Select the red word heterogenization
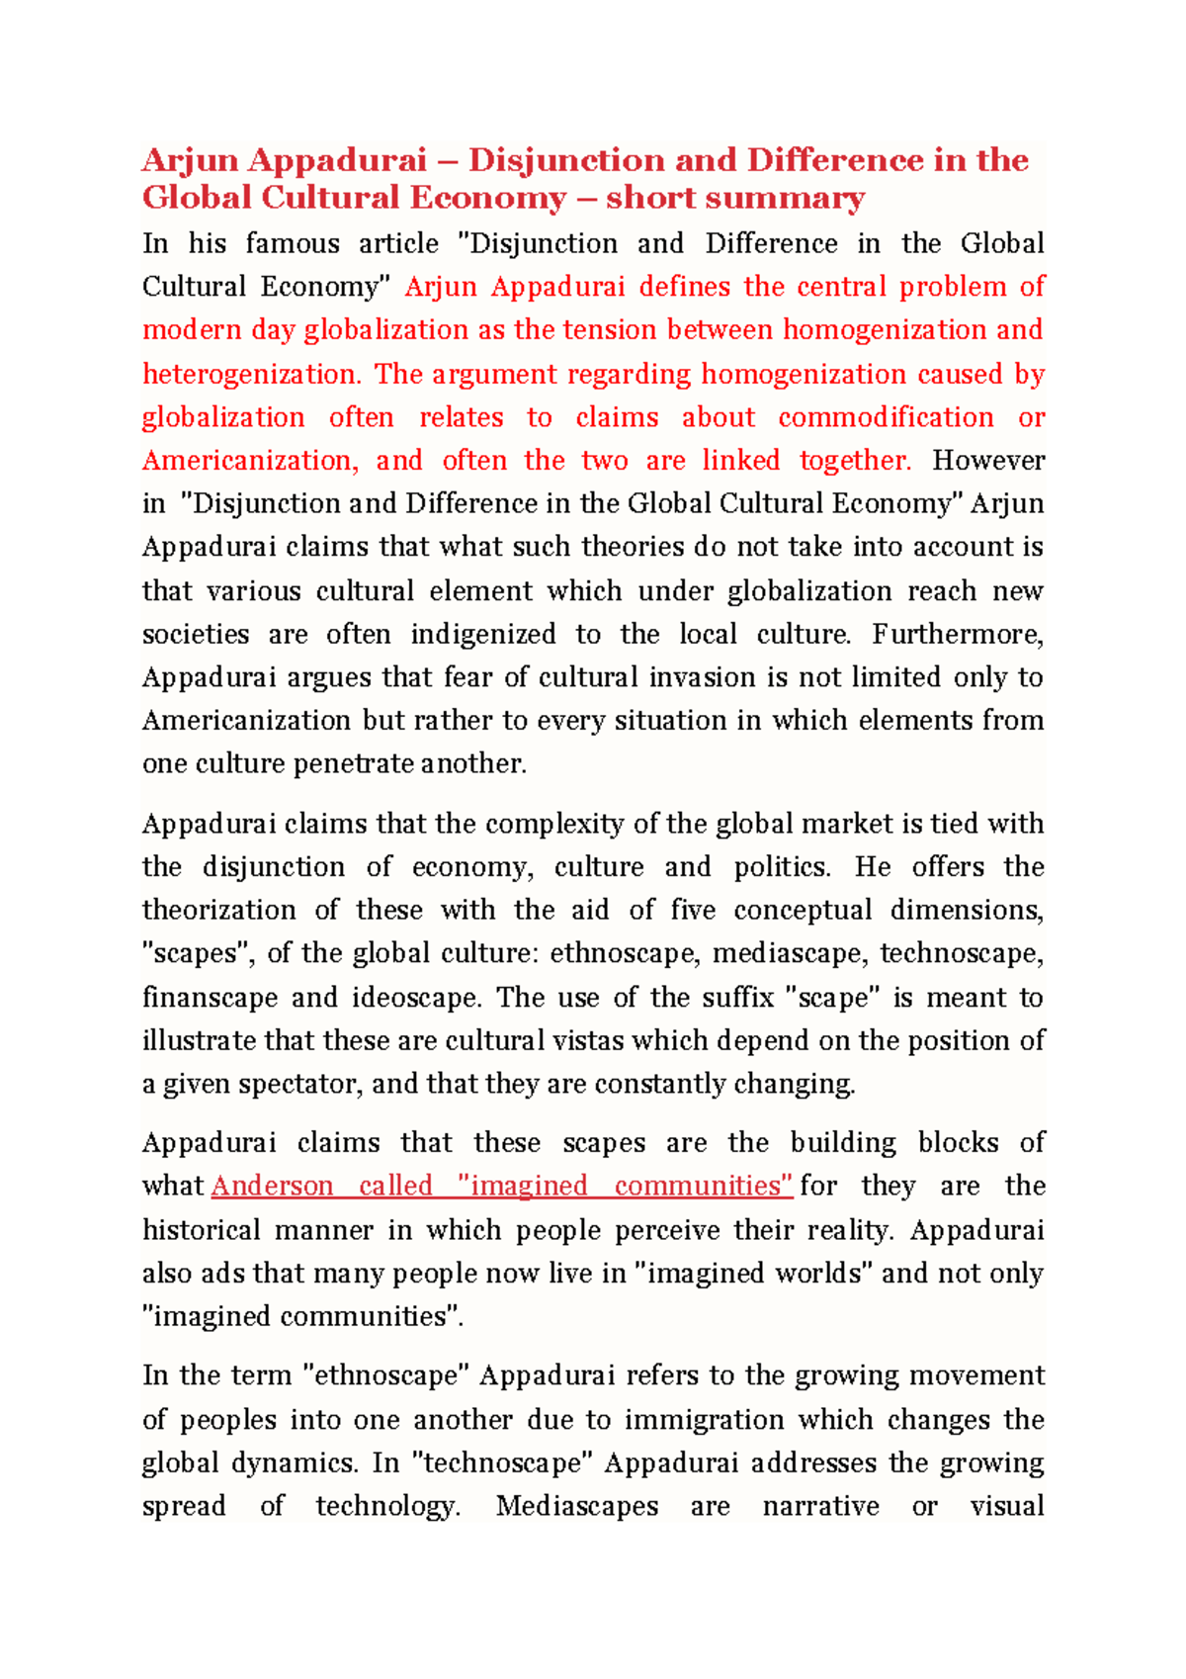point(251,374)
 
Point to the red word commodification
point(886,417)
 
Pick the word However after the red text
point(988,461)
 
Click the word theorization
point(218,910)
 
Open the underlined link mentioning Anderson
point(502,1187)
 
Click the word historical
point(201,1230)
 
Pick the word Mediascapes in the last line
point(577,1506)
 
